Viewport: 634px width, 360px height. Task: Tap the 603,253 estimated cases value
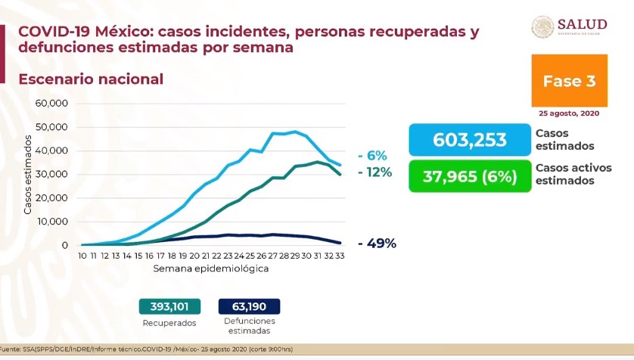pyautogui.click(x=469, y=140)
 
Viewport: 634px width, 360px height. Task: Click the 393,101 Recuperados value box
pyautogui.click(x=169, y=306)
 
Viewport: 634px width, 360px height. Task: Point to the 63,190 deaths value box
pyautogui.click(x=249, y=306)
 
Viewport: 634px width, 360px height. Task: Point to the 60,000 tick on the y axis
pyautogui.click(x=52, y=103)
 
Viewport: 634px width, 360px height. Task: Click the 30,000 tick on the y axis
pyautogui.click(x=52, y=174)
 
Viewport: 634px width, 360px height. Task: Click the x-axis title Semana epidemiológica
pyautogui.click(x=210, y=268)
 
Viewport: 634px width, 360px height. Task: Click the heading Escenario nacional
pyautogui.click(x=90, y=79)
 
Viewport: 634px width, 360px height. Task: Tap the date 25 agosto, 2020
pyautogui.click(x=569, y=113)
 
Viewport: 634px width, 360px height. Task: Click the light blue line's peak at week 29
pyautogui.click(x=294, y=132)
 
